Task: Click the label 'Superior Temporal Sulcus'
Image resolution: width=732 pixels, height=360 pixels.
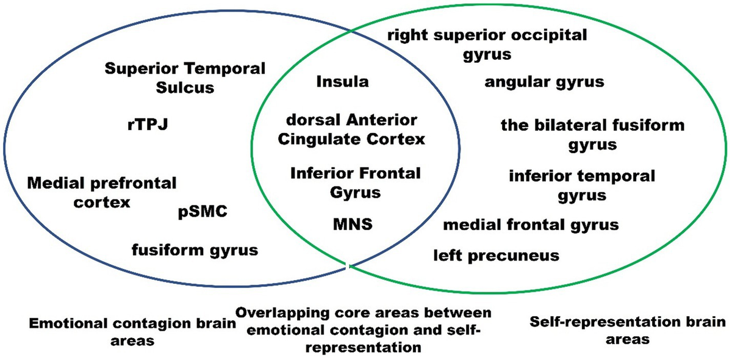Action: [185, 77]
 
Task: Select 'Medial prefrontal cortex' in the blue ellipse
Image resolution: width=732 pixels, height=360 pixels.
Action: [102, 192]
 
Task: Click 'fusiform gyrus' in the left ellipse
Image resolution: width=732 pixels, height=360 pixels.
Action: [195, 250]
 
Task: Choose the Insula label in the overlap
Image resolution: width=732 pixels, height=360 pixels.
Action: [342, 82]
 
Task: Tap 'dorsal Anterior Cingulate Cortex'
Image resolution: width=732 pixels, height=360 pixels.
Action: [351, 129]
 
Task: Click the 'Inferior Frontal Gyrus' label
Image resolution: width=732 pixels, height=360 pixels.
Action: [355, 182]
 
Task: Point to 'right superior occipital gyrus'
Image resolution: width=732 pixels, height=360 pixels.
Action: [487, 44]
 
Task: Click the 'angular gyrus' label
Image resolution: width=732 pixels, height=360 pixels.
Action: [544, 82]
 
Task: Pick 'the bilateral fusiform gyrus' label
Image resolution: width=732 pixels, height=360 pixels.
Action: [592, 135]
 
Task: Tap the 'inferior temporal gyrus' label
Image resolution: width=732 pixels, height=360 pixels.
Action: [582, 185]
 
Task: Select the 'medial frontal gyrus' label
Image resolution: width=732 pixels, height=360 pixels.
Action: [531, 225]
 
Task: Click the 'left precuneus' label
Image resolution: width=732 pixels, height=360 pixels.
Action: [496, 255]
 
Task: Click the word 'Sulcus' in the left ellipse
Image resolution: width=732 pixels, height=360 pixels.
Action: [185, 87]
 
